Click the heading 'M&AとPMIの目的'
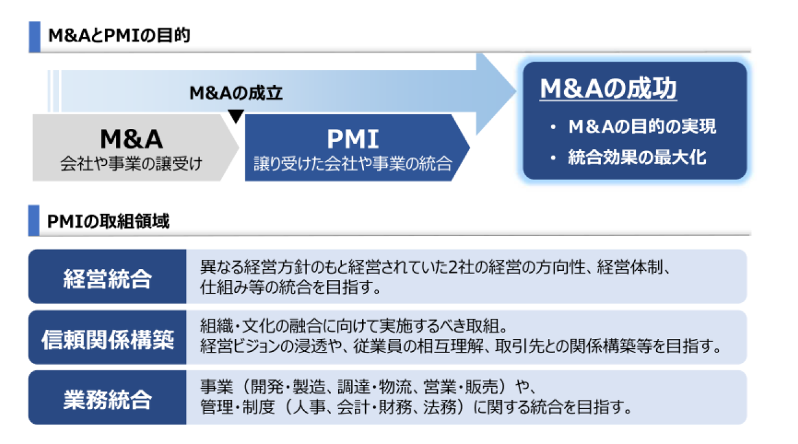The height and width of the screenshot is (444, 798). [x=119, y=35]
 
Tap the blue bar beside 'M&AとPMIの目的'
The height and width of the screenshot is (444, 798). [x=34, y=37]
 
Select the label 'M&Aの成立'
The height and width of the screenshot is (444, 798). [x=236, y=93]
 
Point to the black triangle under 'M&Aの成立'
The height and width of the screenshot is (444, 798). [x=236, y=116]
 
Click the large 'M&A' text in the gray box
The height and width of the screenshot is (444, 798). [x=131, y=139]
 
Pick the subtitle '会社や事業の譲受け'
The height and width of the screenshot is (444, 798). [x=131, y=163]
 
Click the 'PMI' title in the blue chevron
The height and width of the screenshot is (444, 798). [x=353, y=139]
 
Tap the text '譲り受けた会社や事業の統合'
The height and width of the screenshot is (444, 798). [x=353, y=163]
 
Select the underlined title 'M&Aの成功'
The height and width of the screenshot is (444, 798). [x=608, y=88]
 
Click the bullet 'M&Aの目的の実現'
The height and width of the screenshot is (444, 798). [x=642, y=126]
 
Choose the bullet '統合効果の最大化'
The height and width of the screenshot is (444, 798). [x=637, y=157]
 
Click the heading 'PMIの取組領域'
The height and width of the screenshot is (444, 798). [x=108, y=221]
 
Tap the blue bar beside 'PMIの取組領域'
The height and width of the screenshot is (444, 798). [x=34, y=220]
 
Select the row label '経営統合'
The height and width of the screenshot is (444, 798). [x=107, y=278]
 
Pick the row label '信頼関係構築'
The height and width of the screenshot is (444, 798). [x=107, y=339]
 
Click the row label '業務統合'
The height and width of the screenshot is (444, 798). [x=107, y=399]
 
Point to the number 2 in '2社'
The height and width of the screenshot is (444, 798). [x=452, y=267]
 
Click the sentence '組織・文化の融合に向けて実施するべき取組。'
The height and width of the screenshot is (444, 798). [x=354, y=325]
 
